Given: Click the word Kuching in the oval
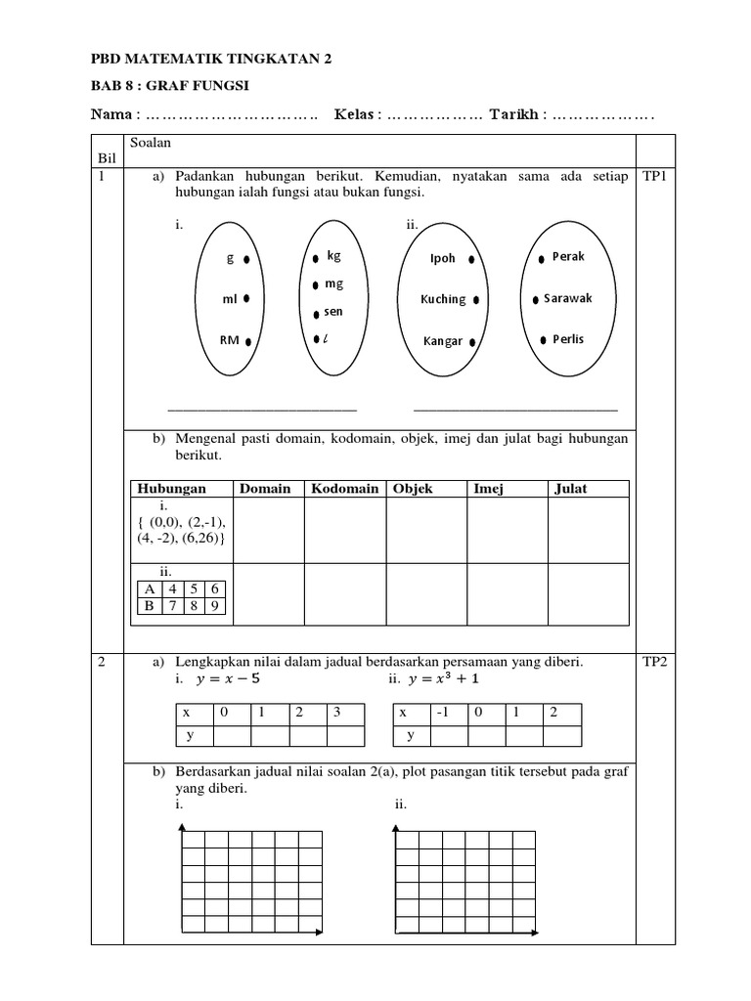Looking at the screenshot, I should click(443, 299).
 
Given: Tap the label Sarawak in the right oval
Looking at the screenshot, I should click(575, 298).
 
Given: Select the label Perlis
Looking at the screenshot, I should click(567, 339).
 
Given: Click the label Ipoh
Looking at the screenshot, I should click(443, 259).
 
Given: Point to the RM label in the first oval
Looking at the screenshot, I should click(229, 341).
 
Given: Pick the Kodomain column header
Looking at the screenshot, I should click(344, 489).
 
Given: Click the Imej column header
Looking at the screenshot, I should click(488, 489).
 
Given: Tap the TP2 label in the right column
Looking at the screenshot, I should click(654, 662).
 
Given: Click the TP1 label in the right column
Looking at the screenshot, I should click(654, 178).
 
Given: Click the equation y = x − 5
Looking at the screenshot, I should click(230, 678).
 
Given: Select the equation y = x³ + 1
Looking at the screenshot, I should click(446, 678).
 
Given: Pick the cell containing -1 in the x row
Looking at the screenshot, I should click(446, 714).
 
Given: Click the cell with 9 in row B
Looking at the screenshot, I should click(214, 606).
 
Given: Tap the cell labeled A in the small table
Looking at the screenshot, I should click(149, 588).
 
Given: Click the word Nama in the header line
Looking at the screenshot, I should click(110, 115).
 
